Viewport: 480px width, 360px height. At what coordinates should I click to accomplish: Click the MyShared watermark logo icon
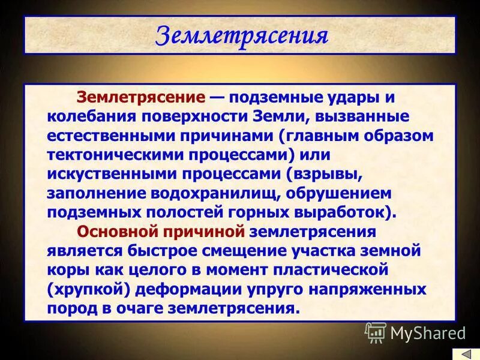click(x=376, y=332)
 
